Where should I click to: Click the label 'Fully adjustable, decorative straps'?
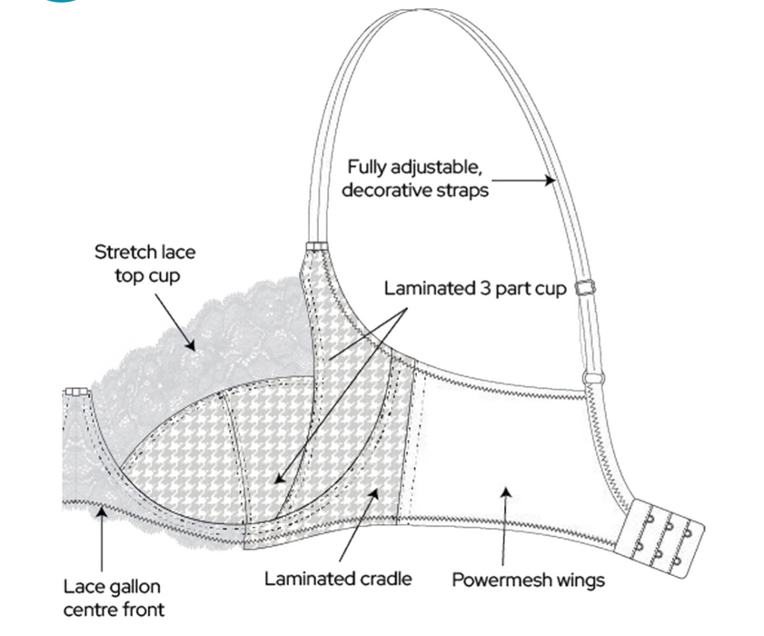(x=419, y=179)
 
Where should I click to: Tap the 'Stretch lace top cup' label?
(x=144, y=263)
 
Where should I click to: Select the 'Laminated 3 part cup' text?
(x=475, y=289)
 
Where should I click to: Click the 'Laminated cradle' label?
(x=338, y=578)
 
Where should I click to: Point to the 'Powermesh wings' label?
(x=528, y=579)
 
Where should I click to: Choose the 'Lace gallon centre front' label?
(x=114, y=597)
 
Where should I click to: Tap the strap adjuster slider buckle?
(x=585, y=288)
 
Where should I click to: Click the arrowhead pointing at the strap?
(x=549, y=180)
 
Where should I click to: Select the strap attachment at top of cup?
(x=315, y=246)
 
